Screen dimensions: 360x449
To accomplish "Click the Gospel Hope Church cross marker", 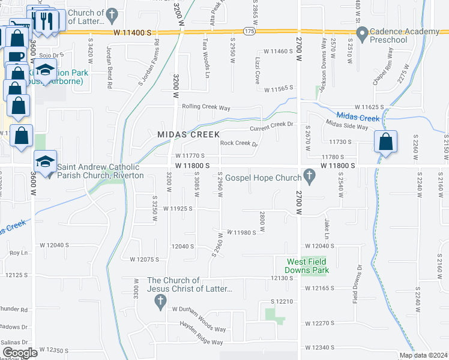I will pyautogui.click(x=310, y=177).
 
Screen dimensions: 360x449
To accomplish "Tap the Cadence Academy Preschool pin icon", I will pyautogui.click(x=362, y=35).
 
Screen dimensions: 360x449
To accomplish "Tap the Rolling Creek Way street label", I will pyautogui.click(x=206, y=107).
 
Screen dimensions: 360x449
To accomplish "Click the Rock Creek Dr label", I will pyautogui.click(x=238, y=144).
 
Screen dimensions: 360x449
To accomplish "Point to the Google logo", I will pyautogui.click(x=19, y=352).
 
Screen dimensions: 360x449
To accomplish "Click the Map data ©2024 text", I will pyautogui.click(x=423, y=355).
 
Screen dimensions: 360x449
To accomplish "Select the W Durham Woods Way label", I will pyautogui.click(x=202, y=309).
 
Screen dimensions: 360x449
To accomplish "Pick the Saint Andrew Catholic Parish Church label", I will pyautogui.click(x=100, y=171).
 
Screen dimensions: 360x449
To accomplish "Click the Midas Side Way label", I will pyautogui.click(x=347, y=127).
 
